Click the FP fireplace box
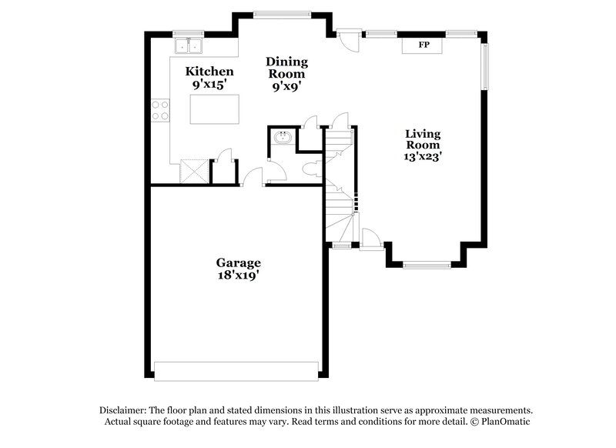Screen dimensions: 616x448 coord(422,45)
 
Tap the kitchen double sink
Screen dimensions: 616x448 coord(189,45)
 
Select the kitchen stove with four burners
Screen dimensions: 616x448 coord(160,110)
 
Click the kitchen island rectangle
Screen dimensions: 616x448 coord(215,109)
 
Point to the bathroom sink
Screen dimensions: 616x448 coord(283,138)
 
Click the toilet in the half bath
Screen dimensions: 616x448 coord(313,169)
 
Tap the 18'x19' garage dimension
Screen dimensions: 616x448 coord(239,276)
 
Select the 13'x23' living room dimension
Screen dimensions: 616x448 coord(423,156)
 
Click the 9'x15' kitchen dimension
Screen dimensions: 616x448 coord(209,85)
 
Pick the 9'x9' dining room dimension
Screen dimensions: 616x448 coord(286,86)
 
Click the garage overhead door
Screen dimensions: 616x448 coord(236,372)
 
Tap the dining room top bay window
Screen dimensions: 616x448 coord(282,15)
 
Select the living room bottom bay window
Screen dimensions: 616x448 coord(427,265)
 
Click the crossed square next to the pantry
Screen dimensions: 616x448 coord(194,171)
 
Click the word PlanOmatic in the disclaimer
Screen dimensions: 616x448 coord(505,422)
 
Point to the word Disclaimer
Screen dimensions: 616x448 coord(123,411)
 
